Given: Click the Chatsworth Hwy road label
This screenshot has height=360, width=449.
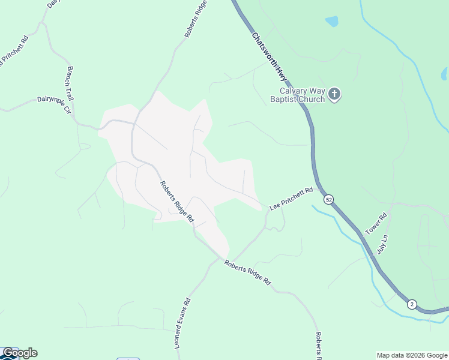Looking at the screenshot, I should (269, 57).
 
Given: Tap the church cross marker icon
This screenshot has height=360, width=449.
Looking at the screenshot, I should (335, 94).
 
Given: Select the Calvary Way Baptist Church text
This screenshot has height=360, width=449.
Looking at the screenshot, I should (297, 95).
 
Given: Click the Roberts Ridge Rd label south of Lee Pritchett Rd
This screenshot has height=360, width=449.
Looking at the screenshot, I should (247, 272).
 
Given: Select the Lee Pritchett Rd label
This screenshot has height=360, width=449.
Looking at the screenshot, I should (291, 199).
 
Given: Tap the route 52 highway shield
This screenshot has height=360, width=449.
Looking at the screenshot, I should (328, 199).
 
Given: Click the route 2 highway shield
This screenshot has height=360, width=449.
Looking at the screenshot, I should (411, 304).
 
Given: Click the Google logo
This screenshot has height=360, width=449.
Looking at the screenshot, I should (20, 353).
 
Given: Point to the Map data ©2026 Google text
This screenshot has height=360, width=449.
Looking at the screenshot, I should (412, 355).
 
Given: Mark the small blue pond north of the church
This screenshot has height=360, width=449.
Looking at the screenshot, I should (331, 22).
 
